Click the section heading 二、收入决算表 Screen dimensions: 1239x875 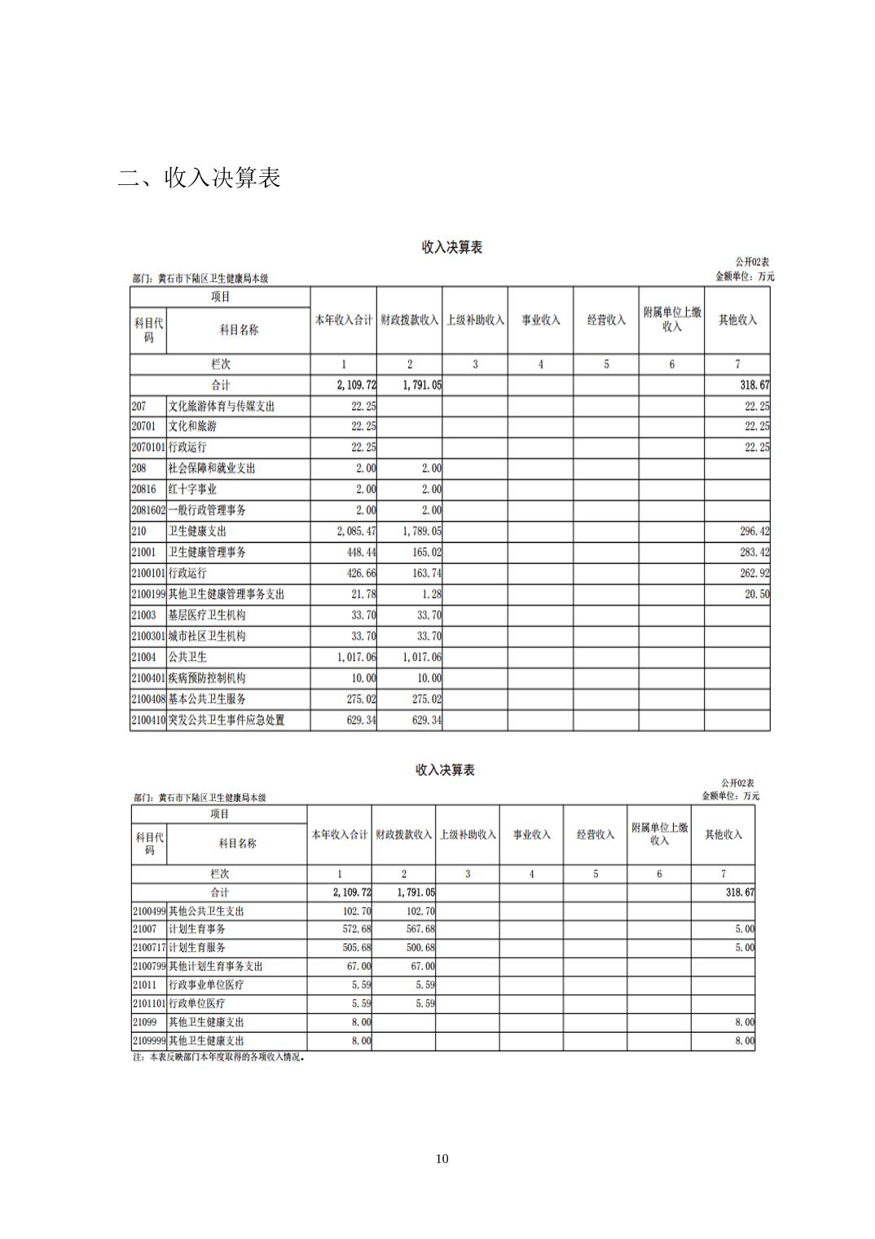(200, 177)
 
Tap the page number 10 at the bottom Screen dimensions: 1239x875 (442, 1158)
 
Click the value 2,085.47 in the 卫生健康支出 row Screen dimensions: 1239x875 (357, 531)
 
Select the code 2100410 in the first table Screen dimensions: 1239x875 (148, 720)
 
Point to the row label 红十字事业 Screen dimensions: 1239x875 (192, 489)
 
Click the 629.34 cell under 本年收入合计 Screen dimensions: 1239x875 (361, 720)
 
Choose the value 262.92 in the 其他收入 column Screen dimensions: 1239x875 (754, 573)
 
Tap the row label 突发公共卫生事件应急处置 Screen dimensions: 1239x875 (226, 720)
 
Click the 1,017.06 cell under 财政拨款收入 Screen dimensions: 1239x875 (422, 657)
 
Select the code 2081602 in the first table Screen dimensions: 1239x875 (148, 510)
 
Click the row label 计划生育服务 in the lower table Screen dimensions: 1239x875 (196, 947)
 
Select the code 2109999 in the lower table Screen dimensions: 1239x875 (149, 1041)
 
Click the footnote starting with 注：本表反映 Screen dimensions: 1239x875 (218, 1057)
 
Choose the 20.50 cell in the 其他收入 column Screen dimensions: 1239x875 (757, 594)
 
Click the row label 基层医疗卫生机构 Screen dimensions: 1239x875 (207, 615)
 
